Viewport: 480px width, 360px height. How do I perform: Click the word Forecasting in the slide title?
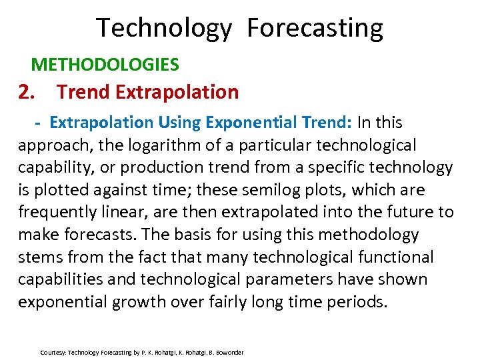pyautogui.click(x=315, y=29)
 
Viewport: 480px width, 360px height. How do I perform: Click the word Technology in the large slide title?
pyautogui.click(x=164, y=29)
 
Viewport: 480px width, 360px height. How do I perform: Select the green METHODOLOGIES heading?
pyautogui.click(x=105, y=65)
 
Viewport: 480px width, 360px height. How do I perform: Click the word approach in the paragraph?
pyautogui.click(x=49, y=145)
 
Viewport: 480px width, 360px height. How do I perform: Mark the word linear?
pyautogui.click(x=132, y=213)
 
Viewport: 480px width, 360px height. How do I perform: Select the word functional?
pyautogui.click(x=395, y=257)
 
